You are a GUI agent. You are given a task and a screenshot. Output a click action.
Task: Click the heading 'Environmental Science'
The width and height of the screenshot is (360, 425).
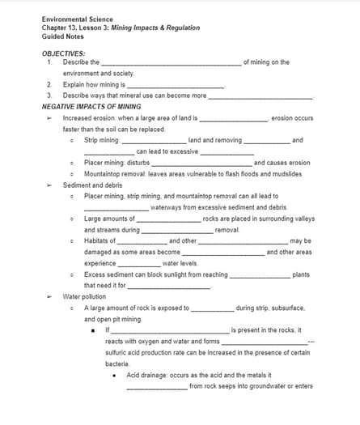pyautogui.click(x=72, y=18)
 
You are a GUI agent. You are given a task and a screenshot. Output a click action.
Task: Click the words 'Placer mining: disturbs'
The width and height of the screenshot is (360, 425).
pyautogui.click(x=116, y=162)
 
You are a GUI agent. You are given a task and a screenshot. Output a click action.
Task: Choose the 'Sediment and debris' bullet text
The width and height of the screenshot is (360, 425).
pyautogui.click(x=91, y=185)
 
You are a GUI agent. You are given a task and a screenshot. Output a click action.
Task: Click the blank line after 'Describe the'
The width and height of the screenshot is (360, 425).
pyautogui.click(x=171, y=63)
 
